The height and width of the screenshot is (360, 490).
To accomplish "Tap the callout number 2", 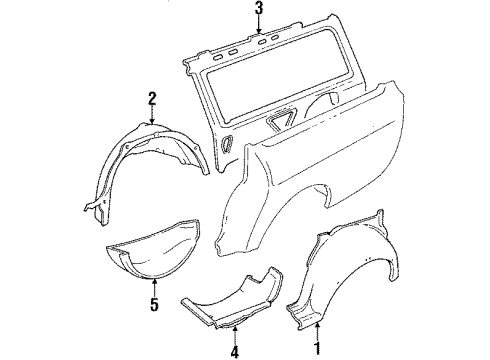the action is tap(152, 97).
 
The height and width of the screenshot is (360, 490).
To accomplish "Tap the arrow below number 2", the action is tap(152, 115).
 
